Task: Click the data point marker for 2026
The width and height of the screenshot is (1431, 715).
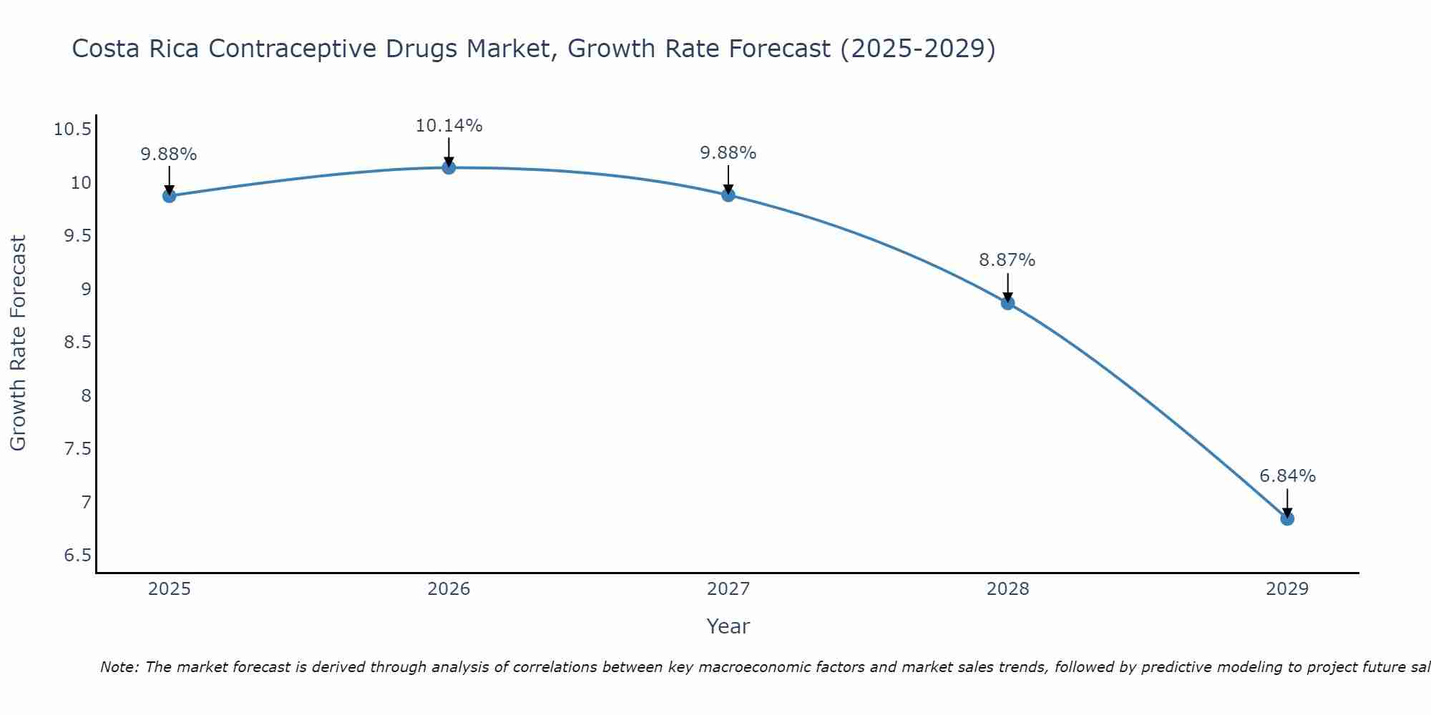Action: tap(449, 167)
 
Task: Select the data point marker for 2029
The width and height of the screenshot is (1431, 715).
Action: tap(1287, 518)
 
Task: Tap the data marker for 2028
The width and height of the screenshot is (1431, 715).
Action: tap(1007, 303)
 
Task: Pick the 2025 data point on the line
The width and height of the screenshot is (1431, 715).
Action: tap(169, 195)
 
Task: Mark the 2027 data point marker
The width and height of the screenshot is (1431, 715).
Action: tap(728, 194)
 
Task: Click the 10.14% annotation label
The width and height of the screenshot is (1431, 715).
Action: tap(449, 126)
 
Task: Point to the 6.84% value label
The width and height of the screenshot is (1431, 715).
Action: tap(1287, 476)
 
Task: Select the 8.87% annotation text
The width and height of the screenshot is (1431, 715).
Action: tap(1007, 260)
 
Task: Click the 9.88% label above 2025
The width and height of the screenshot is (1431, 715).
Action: tap(168, 154)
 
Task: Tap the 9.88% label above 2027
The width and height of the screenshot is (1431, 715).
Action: tap(728, 153)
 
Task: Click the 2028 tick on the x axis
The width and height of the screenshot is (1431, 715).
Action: tap(1007, 589)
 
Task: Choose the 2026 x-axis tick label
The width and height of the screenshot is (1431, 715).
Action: tap(449, 589)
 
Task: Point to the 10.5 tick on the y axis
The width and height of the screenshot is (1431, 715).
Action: tap(72, 129)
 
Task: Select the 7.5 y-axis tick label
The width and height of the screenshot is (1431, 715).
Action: tap(77, 449)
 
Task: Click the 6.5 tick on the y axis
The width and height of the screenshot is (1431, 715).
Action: tap(77, 556)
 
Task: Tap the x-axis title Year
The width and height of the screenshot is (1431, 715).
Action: tap(728, 626)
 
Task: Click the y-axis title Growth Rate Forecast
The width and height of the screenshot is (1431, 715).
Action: tap(18, 343)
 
